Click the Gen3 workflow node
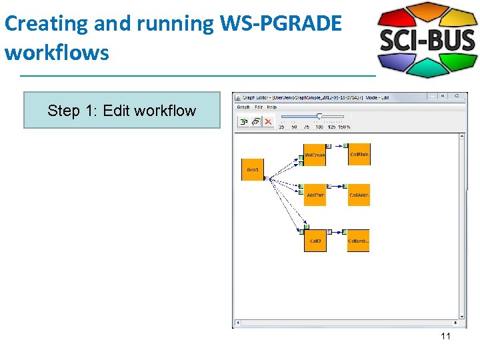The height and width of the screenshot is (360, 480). (x=252, y=169)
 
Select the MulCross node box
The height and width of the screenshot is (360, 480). (x=315, y=155)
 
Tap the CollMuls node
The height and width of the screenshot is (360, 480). (x=359, y=154)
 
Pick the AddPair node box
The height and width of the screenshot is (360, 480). (x=315, y=195)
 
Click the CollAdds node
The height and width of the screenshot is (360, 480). (x=359, y=195)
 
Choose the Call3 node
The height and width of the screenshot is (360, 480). (x=315, y=240)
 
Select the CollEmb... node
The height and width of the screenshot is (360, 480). (x=359, y=240)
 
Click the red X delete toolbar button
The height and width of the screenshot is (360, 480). (x=268, y=121)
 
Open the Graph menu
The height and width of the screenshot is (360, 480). (x=243, y=107)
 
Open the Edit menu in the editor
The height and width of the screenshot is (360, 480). (x=258, y=107)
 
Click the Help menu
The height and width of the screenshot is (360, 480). (x=271, y=107)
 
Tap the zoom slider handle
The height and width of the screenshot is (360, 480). (x=320, y=117)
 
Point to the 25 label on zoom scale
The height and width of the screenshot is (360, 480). (x=281, y=127)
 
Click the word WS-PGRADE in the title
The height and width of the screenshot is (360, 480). (x=280, y=23)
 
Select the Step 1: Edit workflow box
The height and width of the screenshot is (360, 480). (x=122, y=110)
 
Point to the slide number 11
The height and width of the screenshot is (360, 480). (x=445, y=336)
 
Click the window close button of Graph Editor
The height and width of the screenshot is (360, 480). (x=462, y=97)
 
